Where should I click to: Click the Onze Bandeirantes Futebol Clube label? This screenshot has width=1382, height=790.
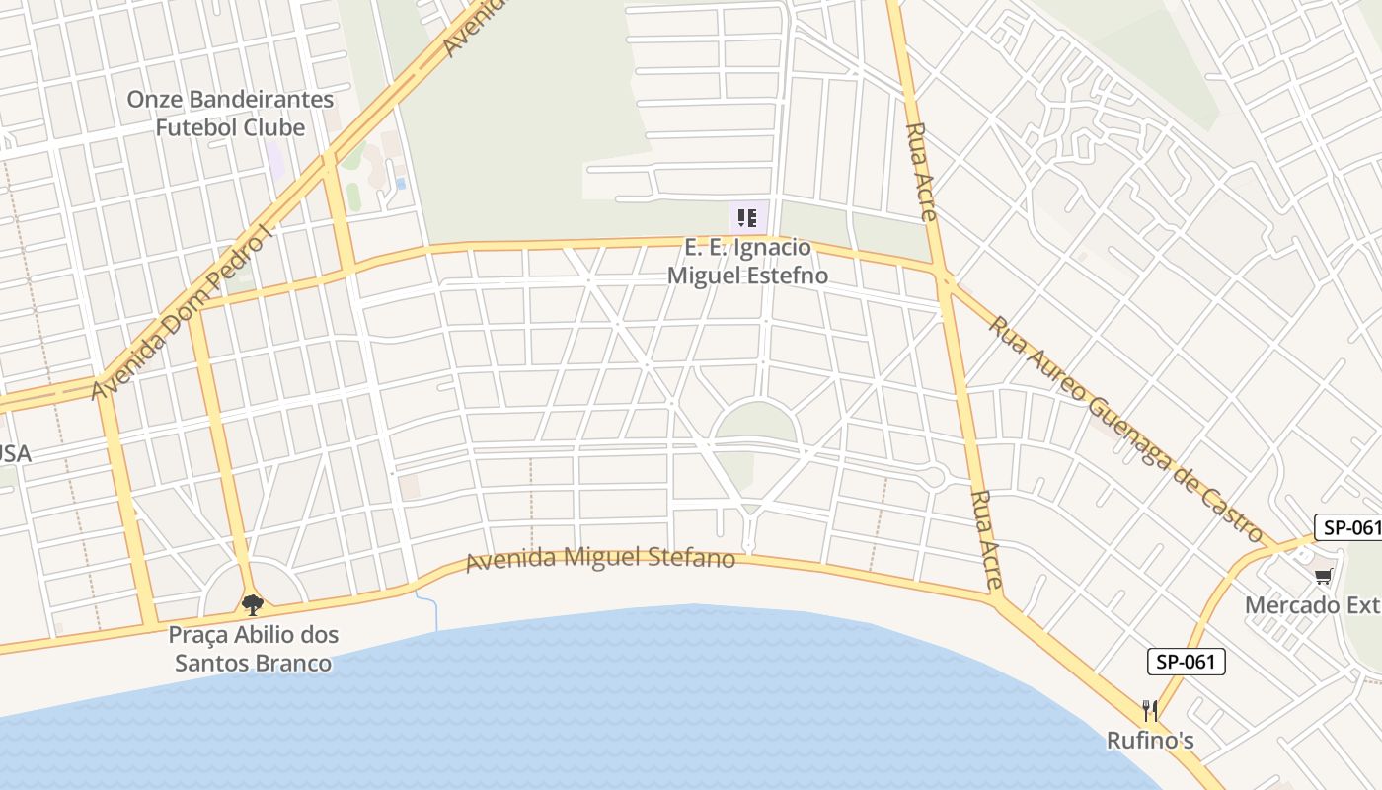click(231, 114)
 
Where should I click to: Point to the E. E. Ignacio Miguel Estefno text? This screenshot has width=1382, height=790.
click(747, 262)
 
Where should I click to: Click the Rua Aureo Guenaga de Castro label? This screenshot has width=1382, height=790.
click(1125, 430)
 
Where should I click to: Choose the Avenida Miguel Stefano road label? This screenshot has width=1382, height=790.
click(600, 559)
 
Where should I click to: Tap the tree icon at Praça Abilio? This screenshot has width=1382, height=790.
click(253, 604)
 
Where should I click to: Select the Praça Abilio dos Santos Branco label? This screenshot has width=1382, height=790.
click(254, 648)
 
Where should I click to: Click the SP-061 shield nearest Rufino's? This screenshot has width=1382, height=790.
click(1186, 662)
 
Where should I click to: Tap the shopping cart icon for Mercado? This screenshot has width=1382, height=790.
click(1323, 576)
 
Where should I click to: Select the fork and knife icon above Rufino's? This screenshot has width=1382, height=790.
click(1150, 711)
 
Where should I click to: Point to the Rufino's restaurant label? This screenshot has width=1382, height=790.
click(1150, 741)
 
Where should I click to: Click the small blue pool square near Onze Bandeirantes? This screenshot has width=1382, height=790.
click(400, 184)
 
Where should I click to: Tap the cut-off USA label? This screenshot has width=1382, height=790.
click(16, 454)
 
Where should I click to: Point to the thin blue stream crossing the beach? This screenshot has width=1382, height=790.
click(432, 612)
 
